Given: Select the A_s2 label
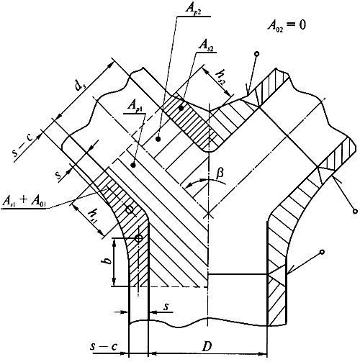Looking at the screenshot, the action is click(207, 45).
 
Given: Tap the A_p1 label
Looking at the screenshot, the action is click(135, 106).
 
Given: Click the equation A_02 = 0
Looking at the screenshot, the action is click(287, 26).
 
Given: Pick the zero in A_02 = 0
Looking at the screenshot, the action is click(302, 25).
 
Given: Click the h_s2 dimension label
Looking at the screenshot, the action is click(220, 77).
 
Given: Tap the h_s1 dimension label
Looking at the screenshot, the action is click(91, 216).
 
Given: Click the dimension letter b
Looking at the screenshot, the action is click(109, 261).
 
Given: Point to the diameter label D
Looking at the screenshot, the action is click(207, 346).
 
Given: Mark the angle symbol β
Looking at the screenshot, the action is click(220, 173).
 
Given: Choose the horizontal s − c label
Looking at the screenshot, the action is click(104, 347).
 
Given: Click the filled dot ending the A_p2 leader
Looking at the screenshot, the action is click(158, 139).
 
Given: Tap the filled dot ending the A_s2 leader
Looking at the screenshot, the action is click(181, 108).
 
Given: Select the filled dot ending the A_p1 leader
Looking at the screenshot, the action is click(132, 165).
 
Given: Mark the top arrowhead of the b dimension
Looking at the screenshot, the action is click(114, 242).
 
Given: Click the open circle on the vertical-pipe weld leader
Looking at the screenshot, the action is click(323, 252).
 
